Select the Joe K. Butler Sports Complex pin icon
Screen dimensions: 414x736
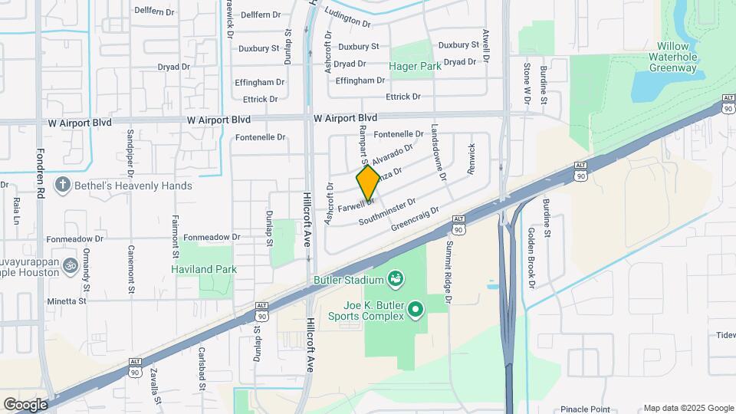tap(416, 309)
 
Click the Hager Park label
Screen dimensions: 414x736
tap(415, 67)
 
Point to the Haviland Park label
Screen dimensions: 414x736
tap(203, 269)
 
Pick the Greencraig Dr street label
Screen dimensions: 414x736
tap(415, 219)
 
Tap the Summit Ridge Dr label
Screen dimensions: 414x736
tap(450, 269)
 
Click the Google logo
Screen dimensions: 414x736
tap(25, 404)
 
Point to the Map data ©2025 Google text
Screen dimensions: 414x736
tap(688, 408)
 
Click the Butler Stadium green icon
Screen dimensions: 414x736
tap(396, 278)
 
